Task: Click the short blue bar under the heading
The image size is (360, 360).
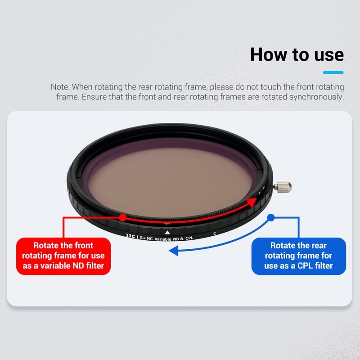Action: [333, 72]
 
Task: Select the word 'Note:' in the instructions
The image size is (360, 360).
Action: [60, 87]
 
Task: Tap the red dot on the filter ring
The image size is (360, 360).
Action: [122, 217]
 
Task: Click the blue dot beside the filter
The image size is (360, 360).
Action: [270, 217]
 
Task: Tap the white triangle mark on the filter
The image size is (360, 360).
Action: [167, 232]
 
